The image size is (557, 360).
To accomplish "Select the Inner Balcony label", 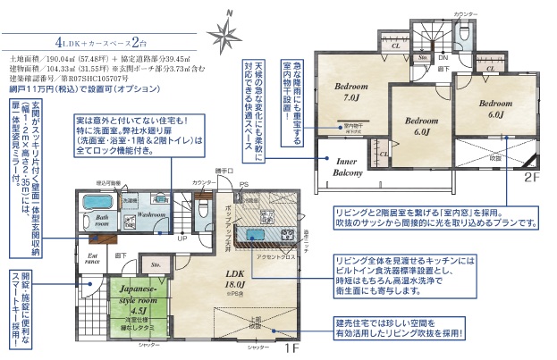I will tap(348, 166).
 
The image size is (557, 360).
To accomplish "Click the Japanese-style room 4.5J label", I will tap(137, 296).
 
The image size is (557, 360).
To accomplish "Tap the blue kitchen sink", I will tap(260, 234).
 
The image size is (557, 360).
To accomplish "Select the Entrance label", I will tap(92, 259).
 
